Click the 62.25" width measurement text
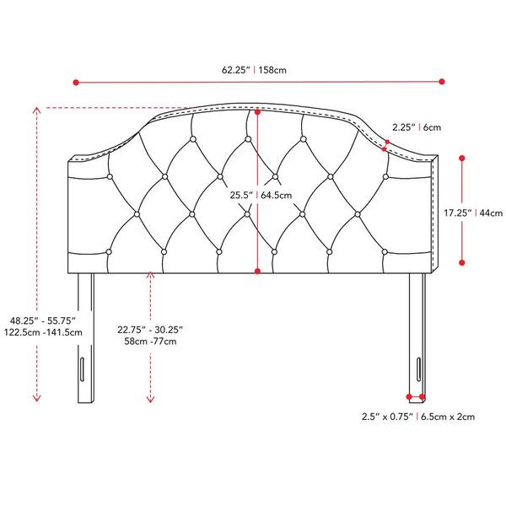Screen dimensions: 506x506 click(x=235, y=70)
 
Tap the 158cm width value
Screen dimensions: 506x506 click(x=272, y=70)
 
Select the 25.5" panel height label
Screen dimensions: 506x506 click(x=241, y=196)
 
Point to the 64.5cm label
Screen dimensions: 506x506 click(x=277, y=196)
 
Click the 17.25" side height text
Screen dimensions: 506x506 click(x=458, y=213)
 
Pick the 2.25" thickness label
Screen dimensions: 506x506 click(x=404, y=127)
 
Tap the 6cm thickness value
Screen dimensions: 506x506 click(x=432, y=127)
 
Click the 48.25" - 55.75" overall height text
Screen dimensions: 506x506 click(x=43, y=320)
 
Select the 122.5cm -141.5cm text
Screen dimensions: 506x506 click(x=43, y=332)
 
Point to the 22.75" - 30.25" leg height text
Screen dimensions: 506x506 click(x=150, y=330)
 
